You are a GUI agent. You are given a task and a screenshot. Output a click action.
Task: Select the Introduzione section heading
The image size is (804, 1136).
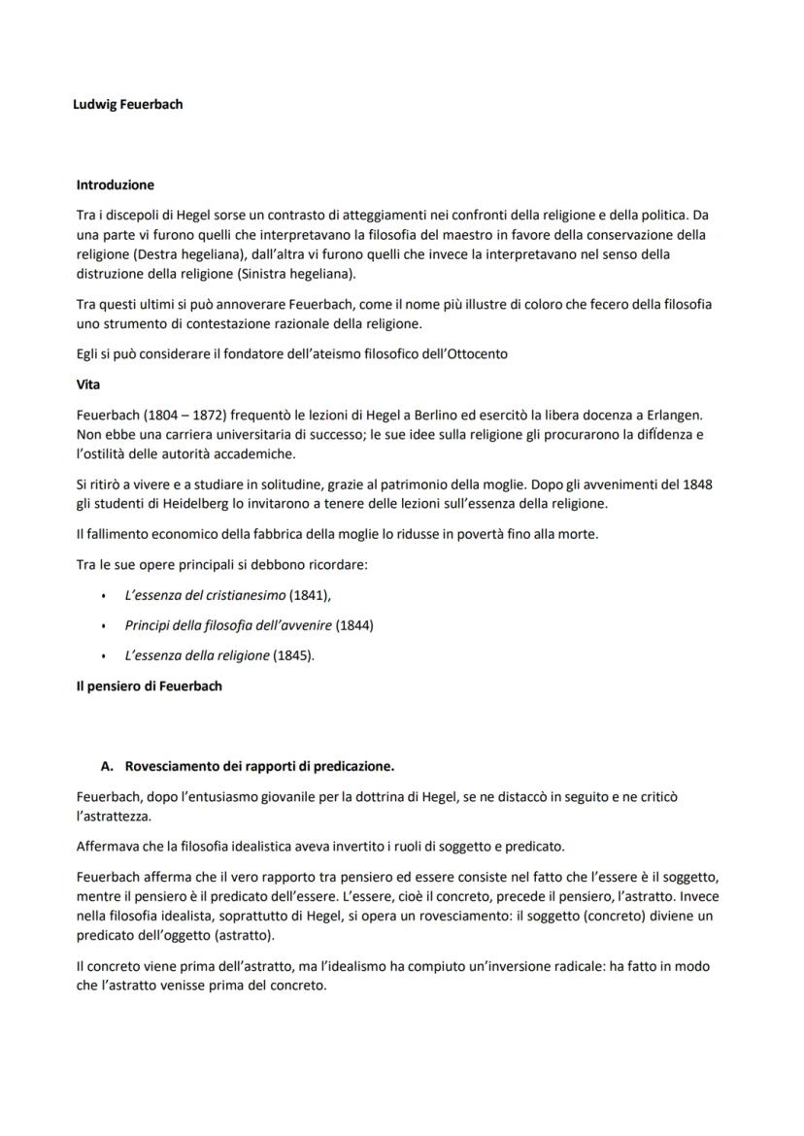[115, 184]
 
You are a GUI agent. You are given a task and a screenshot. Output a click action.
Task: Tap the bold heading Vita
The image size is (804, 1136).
[87, 384]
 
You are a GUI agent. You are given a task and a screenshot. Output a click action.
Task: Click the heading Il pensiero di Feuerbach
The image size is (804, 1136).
[149, 685]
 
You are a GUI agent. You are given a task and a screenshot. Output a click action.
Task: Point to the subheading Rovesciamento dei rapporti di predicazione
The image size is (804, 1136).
[259, 766]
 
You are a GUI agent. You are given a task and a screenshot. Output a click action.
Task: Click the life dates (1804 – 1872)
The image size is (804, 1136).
[184, 415]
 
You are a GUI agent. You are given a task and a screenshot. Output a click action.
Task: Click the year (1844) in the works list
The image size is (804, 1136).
[353, 625]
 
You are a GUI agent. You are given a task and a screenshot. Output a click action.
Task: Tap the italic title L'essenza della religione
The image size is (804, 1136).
[196, 655]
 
